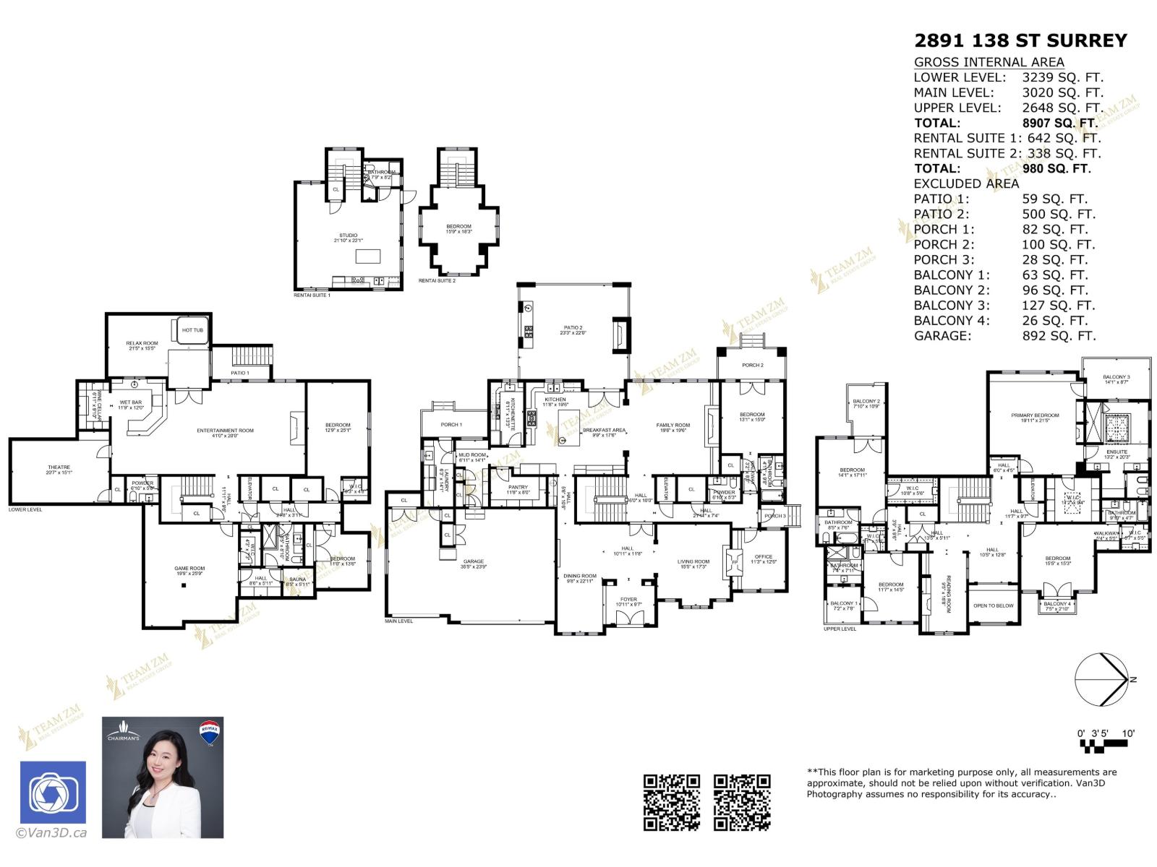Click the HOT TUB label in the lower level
tap(192, 330)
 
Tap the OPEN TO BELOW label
tap(994, 605)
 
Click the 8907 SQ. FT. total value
tap(1059, 123)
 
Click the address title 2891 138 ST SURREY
tap(1020, 41)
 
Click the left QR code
tap(672, 802)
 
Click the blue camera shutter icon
tap(52, 793)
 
